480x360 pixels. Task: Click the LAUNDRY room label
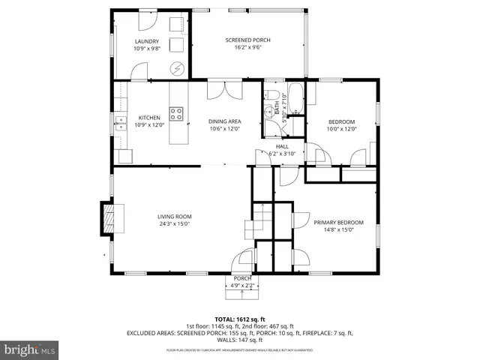pos(147,41)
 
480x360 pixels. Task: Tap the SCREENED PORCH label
pos(247,40)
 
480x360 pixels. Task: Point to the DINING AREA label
pos(223,121)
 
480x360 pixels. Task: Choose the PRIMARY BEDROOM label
pos(338,222)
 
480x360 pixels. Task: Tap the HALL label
pos(282,146)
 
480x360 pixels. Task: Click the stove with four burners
pos(177,114)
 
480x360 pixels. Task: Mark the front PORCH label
pos(241,278)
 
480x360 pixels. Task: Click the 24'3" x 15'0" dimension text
pos(174,223)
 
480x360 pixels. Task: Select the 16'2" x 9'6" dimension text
pos(247,47)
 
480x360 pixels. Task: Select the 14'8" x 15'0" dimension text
pos(338,229)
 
